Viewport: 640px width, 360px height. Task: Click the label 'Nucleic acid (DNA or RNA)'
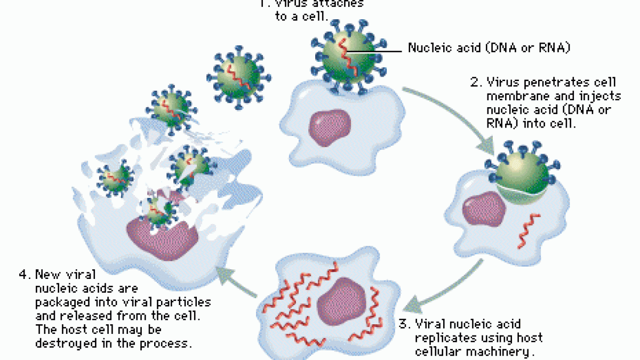point(490,48)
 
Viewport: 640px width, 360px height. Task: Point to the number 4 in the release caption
point(23,275)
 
